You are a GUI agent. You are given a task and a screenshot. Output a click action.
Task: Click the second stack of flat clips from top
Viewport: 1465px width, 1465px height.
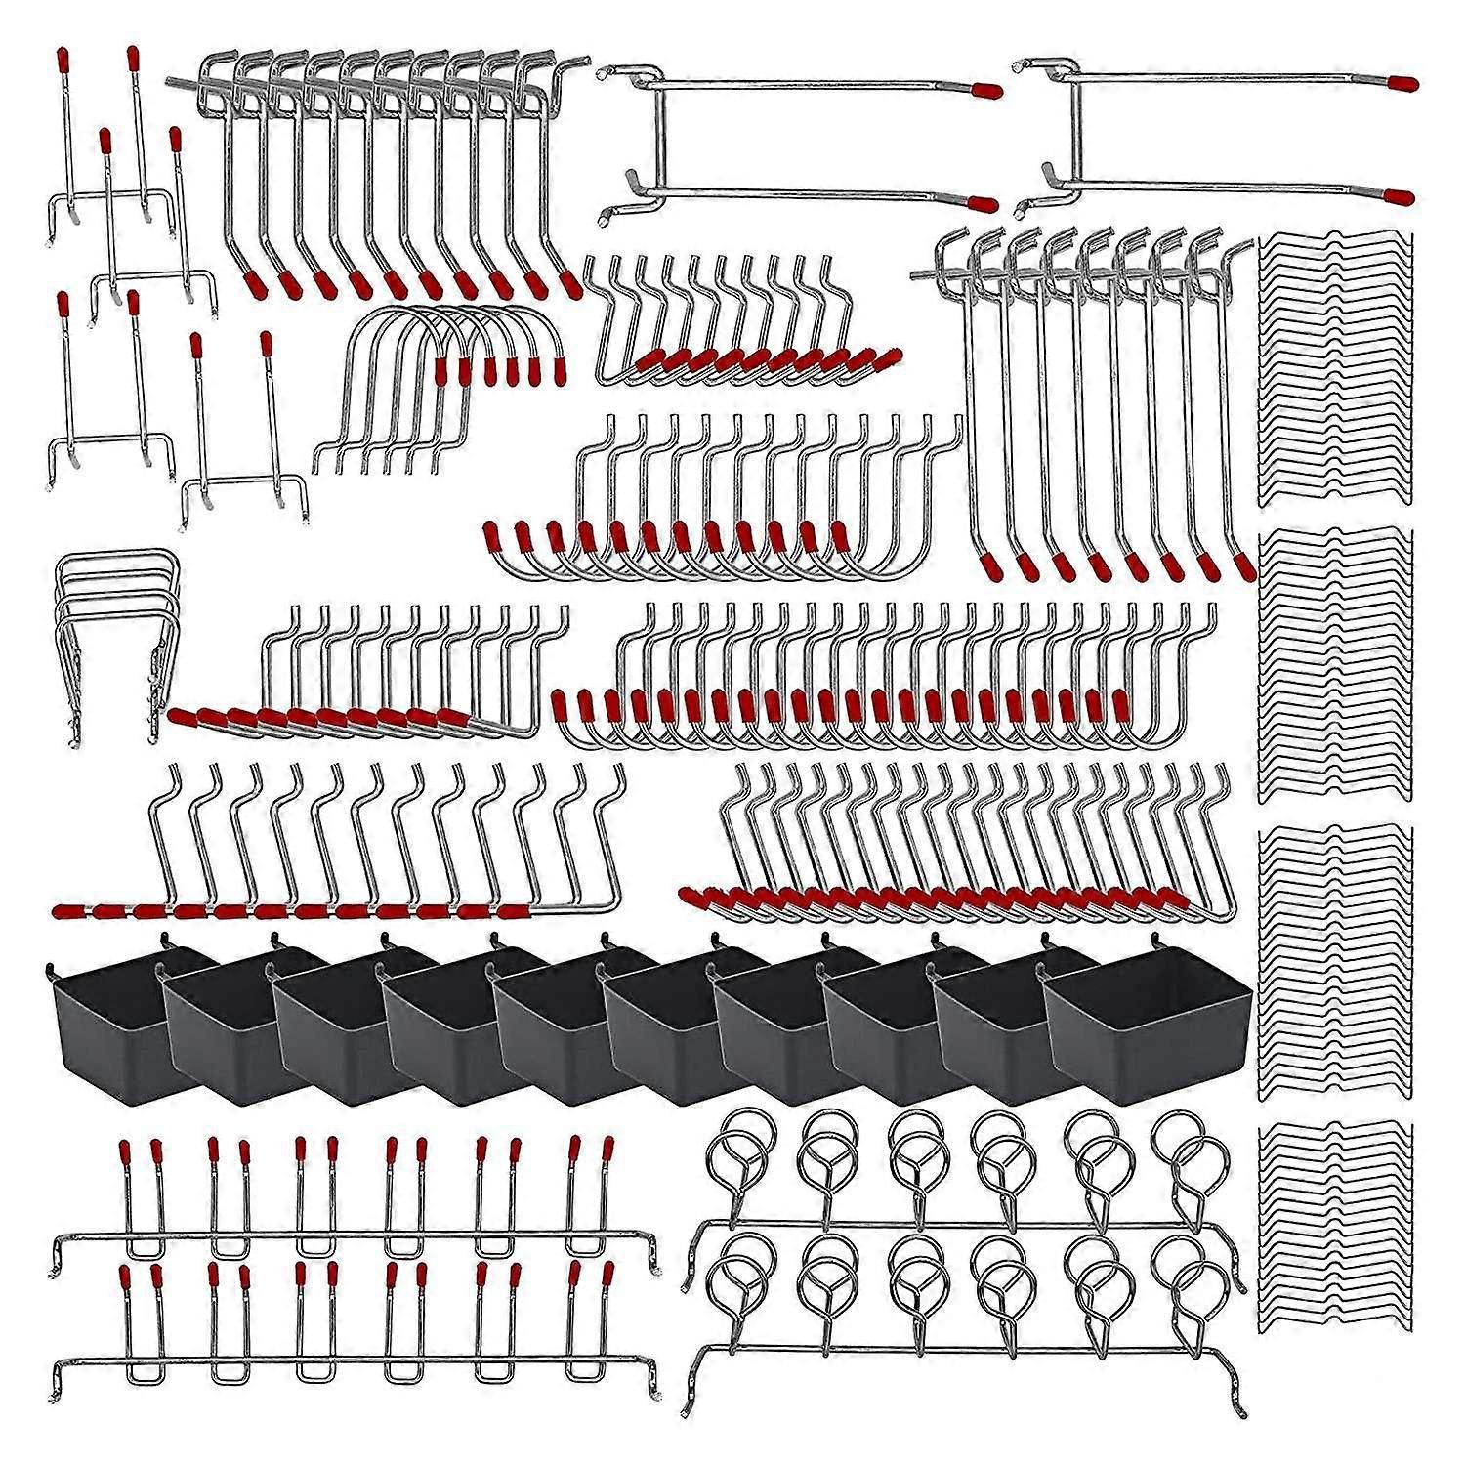pyautogui.click(x=1334, y=664)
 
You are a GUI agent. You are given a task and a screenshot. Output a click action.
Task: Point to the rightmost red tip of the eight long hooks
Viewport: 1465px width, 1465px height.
pyautogui.click(x=1244, y=567)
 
